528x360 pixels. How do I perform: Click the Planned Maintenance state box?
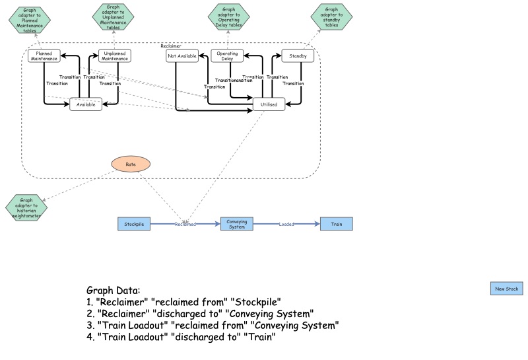[x=44, y=56]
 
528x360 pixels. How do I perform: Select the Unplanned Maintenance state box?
[x=115, y=56]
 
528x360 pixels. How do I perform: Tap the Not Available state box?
[x=182, y=56]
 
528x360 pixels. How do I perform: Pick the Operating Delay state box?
[x=227, y=56]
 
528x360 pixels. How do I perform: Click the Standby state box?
[x=298, y=56]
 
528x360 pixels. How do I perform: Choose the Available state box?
[x=86, y=104]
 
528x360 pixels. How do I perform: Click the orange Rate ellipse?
[x=130, y=163]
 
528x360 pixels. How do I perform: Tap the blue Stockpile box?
[x=135, y=225]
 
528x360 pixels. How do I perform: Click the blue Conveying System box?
[x=236, y=225]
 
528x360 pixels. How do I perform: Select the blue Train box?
[x=337, y=225]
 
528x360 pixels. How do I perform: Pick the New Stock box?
[x=507, y=289]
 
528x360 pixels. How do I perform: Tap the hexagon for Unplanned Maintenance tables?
[x=113, y=18]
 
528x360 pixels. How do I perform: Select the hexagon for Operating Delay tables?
[x=228, y=18]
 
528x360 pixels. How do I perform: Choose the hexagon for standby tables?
[x=331, y=18]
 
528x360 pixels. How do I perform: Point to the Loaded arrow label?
[x=286, y=225]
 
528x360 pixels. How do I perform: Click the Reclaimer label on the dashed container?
[x=171, y=46]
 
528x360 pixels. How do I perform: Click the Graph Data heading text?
[x=113, y=291]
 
